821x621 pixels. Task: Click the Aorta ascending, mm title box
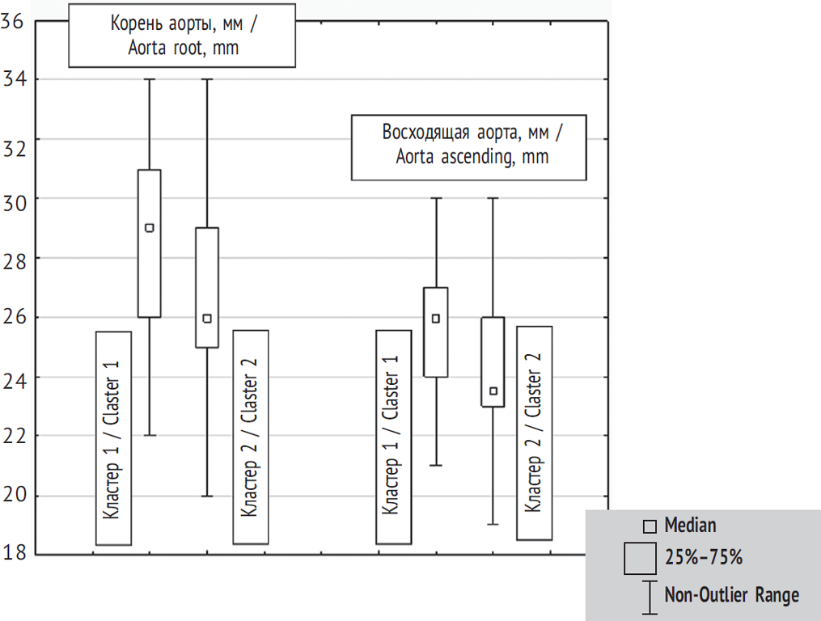pos(468,146)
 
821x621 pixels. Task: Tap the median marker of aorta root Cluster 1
pos(150,228)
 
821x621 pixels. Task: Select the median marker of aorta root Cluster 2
pos(207,319)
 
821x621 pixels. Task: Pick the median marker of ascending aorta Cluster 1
pos(436,319)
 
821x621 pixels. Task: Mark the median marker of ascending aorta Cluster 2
pos(493,391)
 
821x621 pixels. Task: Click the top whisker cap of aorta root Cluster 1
pos(150,79)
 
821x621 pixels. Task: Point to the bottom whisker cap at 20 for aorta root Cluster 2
pos(207,496)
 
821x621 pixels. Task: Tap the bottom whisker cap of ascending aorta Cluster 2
pos(493,525)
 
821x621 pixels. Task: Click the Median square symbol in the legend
pos(650,527)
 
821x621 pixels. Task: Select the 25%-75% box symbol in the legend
pos(640,559)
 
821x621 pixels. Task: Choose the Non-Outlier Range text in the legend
pos(731,596)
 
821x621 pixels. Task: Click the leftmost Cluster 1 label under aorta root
pos(113,437)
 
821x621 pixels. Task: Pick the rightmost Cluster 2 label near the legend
pos(534,433)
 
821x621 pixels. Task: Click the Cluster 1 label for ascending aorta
pos(393,437)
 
